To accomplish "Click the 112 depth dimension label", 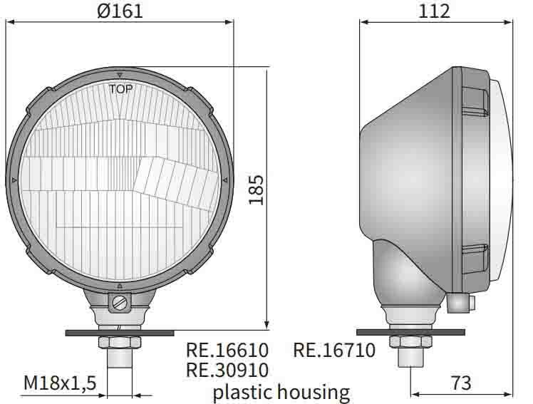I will pyautogui.click(x=435, y=11).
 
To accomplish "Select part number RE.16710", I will pyautogui.click(x=334, y=351).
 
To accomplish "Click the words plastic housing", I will pyautogui.click(x=281, y=391).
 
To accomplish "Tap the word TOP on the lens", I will pyautogui.click(x=120, y=89).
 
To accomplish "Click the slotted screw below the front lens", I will pyautogui.click(x=119, y=302).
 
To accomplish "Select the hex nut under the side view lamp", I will pyautogui.click(x=411, y=341).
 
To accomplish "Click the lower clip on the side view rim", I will pyautogui.click(x=474, y=259).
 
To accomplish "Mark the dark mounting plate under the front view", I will pyautogui.click(x=119, y=332).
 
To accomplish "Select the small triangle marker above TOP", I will pyautogui.click(x=120, y=75).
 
